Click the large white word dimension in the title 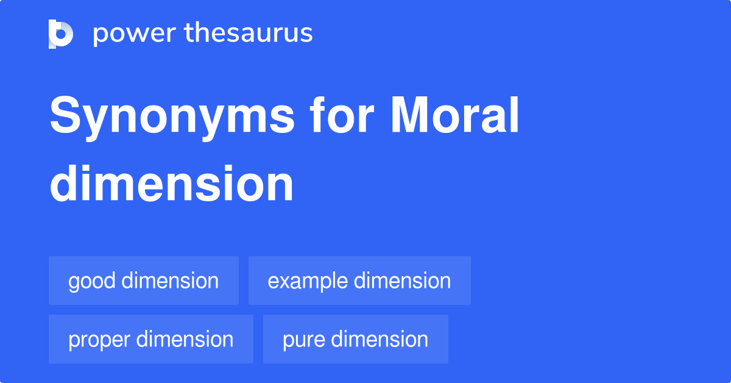tap(172, 184)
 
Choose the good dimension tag tap(144, 281)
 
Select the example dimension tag tap(359, 281)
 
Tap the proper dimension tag tap(151, 339)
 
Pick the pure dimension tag tap(356, 339)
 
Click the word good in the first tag tap(92, 281)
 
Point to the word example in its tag tap(308, 281)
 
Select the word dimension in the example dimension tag tap(402, 281)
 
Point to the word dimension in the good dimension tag tap(170, 281)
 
